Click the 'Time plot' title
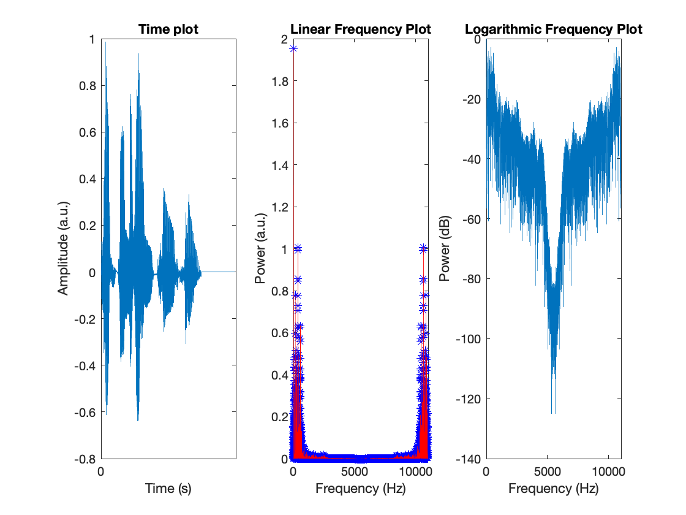point(168,29)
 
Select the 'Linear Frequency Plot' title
point(361,29)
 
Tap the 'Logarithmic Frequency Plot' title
point(554,29)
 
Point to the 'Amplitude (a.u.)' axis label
point(64,248)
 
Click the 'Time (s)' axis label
point(168,489)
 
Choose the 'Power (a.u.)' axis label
point(261,248)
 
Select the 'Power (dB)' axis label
point(445,248)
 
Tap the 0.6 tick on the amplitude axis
point(88,132)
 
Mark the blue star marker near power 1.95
point(293,49)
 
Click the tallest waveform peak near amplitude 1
point(105,42)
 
